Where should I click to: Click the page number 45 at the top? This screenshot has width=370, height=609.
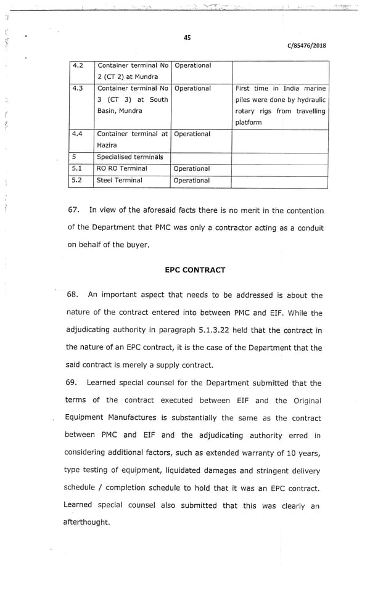[187, 38]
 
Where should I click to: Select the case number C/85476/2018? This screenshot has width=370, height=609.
[306, 46]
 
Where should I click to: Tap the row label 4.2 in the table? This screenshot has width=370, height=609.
[78, 65]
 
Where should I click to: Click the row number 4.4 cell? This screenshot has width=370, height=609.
[78, 134]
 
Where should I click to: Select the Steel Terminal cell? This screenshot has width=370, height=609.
[120, 181]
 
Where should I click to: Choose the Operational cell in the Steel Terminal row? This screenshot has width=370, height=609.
[192, 181]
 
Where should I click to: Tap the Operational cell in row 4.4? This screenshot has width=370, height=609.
[192, 134]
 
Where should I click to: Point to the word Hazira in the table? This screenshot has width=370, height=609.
[107, 145]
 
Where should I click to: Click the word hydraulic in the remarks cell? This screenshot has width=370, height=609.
[310, 100]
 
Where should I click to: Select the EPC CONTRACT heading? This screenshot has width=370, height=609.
[195, 270]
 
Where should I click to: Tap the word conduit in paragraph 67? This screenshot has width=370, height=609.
[310, 227]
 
